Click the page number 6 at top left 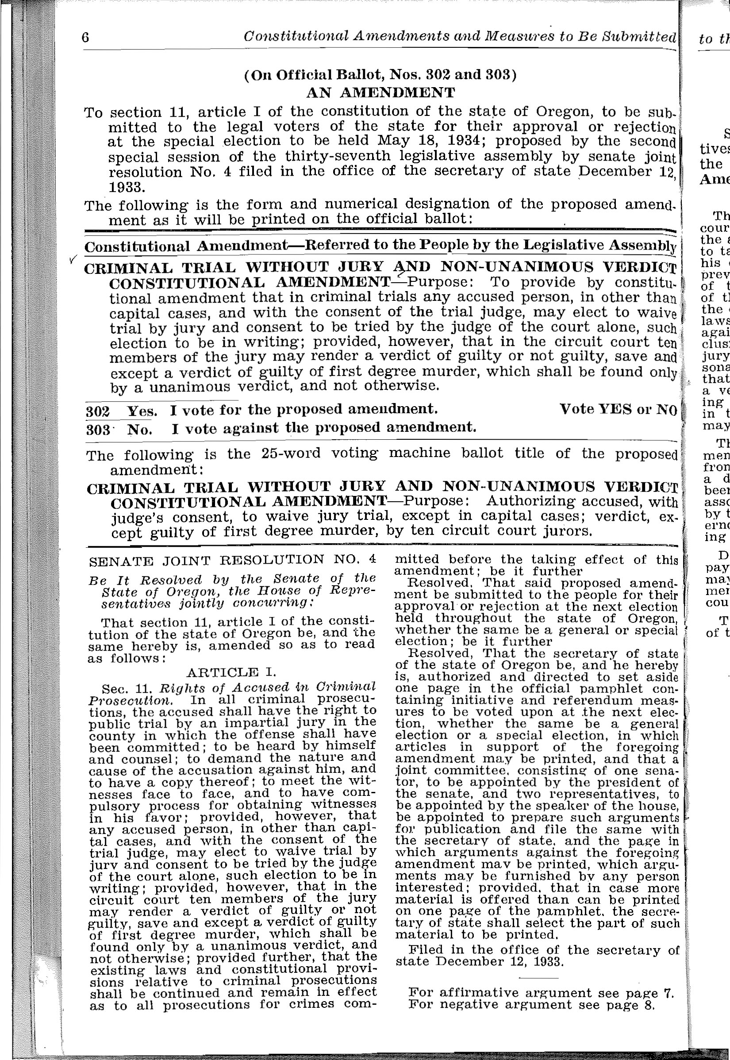[85, 38]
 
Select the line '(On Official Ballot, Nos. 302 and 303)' [380, 74]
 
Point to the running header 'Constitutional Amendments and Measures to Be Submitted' [460, 37]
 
